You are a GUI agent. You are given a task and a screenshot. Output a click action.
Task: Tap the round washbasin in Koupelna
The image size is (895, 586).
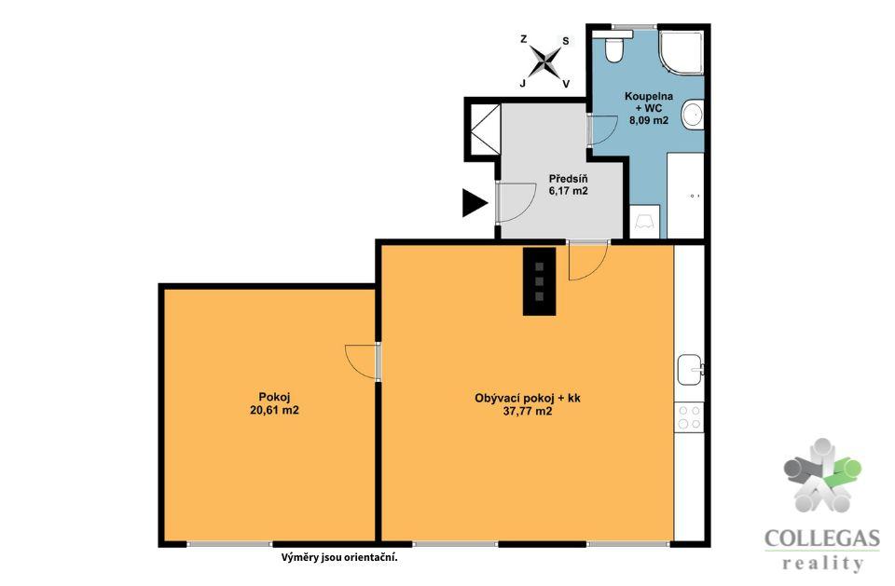[693, 114]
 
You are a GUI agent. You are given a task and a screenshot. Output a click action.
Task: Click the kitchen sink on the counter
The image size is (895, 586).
[691, 369]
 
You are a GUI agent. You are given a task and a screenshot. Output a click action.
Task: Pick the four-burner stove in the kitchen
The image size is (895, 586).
[689, 417]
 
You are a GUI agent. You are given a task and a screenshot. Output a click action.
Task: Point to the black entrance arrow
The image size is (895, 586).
[475, 202]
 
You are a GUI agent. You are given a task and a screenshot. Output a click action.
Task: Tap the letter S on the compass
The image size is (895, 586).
[566, 41]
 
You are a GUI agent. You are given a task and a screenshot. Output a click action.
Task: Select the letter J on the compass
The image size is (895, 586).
[522, 83]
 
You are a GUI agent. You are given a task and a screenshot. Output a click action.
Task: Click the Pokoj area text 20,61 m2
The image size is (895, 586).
[274, 410]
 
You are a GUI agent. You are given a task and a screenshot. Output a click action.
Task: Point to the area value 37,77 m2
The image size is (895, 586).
[528, 411]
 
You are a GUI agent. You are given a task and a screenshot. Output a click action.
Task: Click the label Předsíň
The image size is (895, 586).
[568, 179]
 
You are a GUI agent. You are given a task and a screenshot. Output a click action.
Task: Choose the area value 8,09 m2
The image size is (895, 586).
[649, 120]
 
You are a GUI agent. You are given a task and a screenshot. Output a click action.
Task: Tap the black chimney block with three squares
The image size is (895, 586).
[540, 280]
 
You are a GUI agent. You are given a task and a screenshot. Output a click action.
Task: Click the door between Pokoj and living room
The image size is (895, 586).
[364, 361]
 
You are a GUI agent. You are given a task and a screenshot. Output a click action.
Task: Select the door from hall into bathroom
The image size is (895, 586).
[601, 129]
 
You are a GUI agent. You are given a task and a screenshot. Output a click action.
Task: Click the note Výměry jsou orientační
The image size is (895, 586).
[339, 558]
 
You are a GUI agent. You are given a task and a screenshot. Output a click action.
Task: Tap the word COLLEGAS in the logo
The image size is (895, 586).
[822, 538]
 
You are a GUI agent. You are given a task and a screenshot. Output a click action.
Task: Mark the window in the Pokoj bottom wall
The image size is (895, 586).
[229, 544]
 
